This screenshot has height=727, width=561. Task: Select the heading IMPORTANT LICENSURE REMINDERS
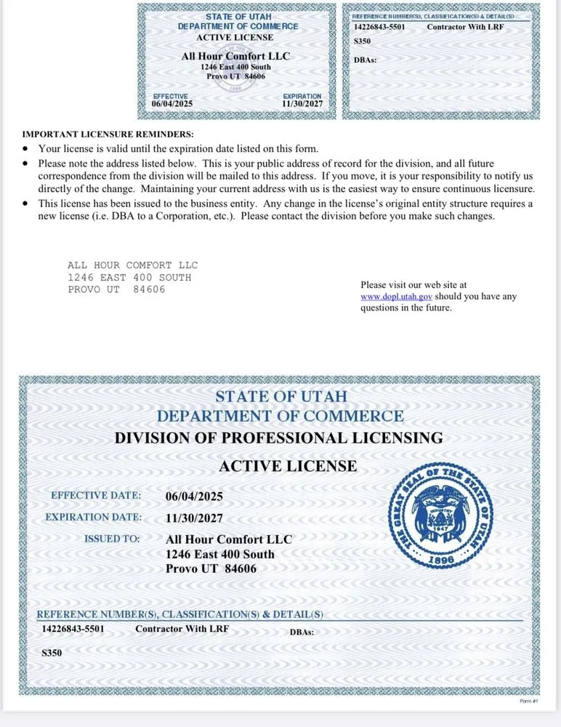click(x=108, y=134)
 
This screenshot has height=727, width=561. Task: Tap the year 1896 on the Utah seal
click(x=442, y=561)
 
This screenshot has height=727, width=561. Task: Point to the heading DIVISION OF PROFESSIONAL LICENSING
click(x=278, y=438)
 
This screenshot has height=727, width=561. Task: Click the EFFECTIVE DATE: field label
click(x=95, y=496)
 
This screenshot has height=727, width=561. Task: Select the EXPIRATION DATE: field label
click(x=93, y=518)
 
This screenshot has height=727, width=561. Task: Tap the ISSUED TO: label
click(x=112, y=539)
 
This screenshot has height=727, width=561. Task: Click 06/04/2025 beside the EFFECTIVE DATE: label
click(x=194, y=497)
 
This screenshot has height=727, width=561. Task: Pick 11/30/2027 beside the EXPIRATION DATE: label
click(x=194, y=518)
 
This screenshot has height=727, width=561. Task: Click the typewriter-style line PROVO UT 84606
click(x=116, y=289)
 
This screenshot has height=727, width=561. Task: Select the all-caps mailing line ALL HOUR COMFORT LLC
click(x=132, y=265)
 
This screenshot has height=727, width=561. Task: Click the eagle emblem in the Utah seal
click(x=442, y=515)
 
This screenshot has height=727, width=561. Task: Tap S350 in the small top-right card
click(x=362, y=41)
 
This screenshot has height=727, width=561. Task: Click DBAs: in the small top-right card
click(x=365, y=60)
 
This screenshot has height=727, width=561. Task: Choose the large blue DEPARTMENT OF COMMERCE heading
click(x=280, y=417)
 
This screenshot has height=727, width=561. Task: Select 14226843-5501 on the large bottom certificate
click(x=73, y=629)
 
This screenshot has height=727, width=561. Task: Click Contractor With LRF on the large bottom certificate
click(x=182, y=629)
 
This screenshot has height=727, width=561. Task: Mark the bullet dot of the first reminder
click(x=26, y=148)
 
